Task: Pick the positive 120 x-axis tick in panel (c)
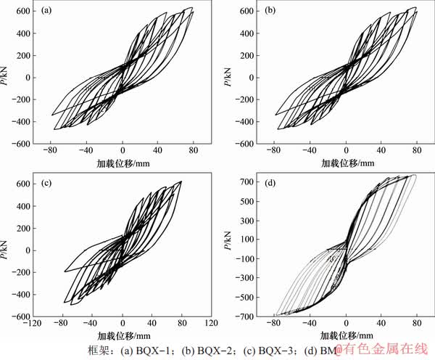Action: point(210,324)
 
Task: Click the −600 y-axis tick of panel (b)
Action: point(244,144)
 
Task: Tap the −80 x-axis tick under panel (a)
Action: point(51,152)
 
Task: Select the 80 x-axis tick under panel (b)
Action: point(418,152)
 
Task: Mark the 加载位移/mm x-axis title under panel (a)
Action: point(122,164)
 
